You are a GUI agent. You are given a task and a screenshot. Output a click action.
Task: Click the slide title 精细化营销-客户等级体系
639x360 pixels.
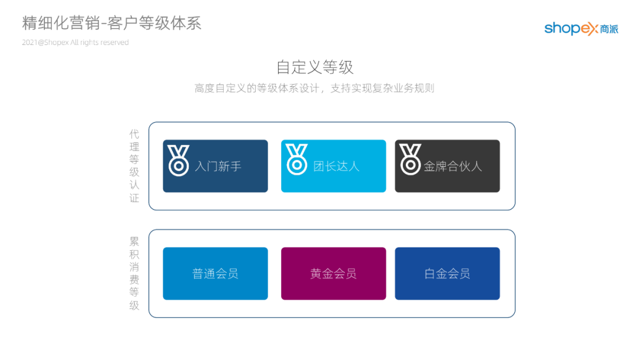pos(112,23)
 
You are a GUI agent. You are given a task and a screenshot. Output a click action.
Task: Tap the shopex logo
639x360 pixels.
pos(580,28)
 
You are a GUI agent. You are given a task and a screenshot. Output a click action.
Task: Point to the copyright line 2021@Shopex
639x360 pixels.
pos(75,43)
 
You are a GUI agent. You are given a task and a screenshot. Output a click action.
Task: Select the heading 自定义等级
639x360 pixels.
pos(315,67)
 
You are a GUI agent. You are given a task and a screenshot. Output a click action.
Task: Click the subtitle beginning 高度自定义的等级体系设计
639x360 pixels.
pos(314,88)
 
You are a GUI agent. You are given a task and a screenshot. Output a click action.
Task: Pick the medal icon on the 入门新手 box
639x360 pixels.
pos(178,160)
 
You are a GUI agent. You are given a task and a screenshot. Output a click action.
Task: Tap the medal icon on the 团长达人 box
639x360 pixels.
pos(296,160)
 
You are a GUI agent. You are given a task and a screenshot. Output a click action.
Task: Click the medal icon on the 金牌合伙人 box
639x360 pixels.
pos(410,160)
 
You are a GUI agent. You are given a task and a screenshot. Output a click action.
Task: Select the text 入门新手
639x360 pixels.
pos(218,166)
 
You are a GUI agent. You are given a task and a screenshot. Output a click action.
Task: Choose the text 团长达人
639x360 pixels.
pos(336,166)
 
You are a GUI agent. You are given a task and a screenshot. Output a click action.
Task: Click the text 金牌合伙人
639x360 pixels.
pos(453,166)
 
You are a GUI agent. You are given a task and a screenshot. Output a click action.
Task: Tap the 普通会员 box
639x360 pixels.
pos(215,274)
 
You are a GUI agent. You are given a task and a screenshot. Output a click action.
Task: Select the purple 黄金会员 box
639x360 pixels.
pos(333,274)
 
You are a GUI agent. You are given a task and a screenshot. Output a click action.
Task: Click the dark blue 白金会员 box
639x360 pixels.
pos(447,274)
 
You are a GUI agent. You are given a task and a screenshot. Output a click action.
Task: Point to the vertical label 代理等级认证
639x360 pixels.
pos(134,166)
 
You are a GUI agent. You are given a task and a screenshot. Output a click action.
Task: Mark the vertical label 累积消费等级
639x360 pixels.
pos(134,274)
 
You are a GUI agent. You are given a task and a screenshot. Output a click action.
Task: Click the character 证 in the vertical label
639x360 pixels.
pos(134,198)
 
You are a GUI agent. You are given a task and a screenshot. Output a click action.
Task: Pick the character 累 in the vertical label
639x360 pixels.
pos(134,241)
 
